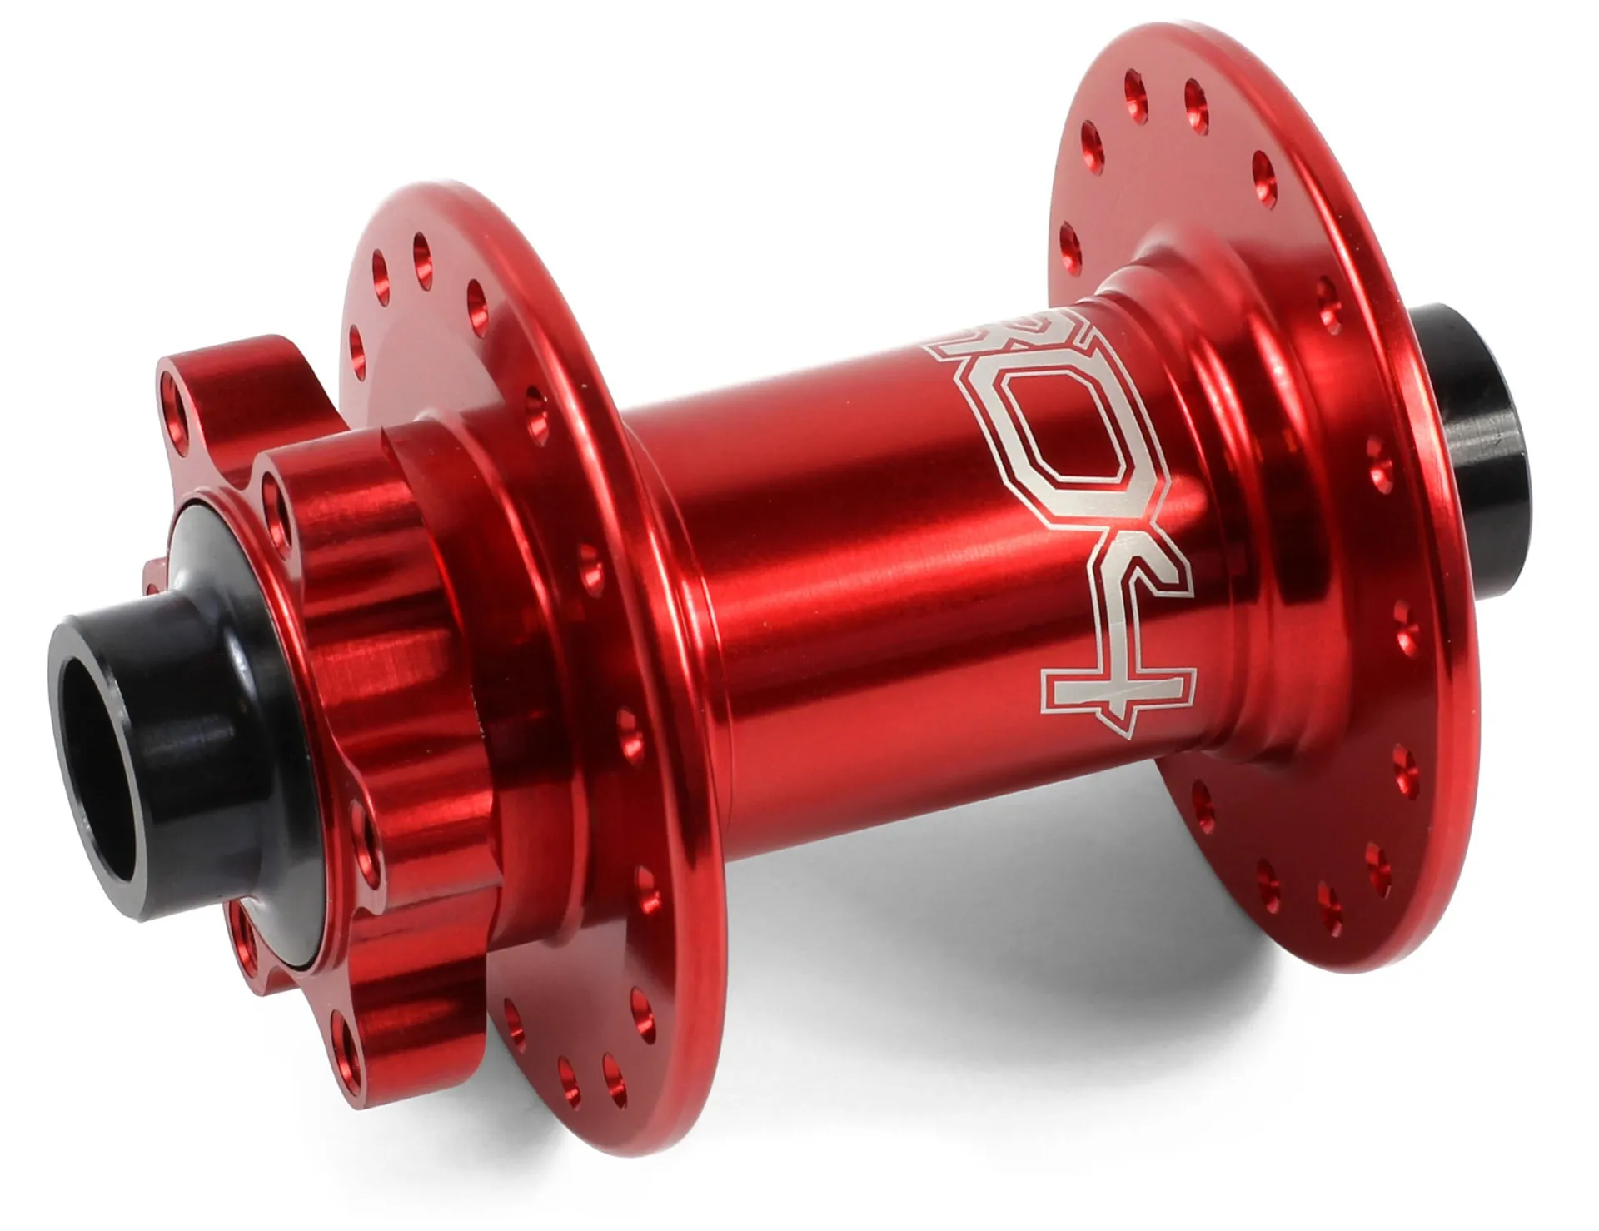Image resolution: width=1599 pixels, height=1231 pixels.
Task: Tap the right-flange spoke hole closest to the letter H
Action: tap(1200, 800)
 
